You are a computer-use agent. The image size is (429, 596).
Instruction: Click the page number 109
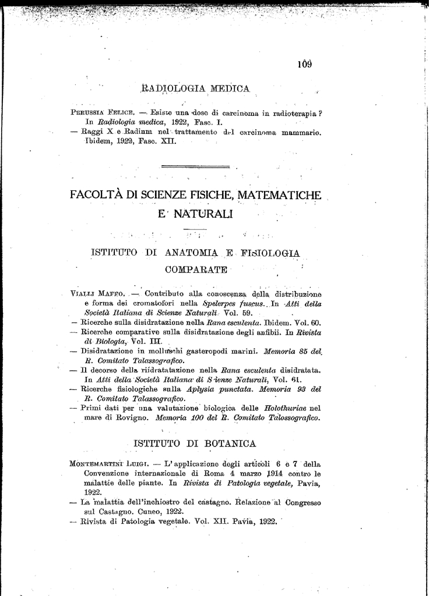tap(304, 64)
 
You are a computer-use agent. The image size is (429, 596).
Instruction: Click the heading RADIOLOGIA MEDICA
tap(196, 89)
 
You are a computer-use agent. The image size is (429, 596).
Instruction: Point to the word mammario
tap(300, 132)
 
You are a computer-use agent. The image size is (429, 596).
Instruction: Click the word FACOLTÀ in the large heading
tap(98, 194)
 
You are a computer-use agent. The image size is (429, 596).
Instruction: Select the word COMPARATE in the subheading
tap(196, 270)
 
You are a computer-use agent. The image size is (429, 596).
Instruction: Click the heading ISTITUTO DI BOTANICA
tap(195, 444)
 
